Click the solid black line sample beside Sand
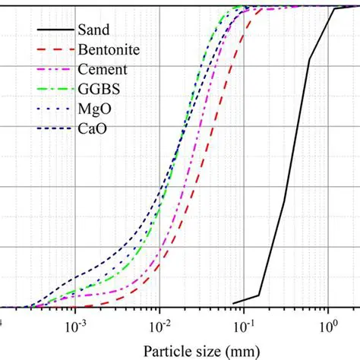click(x=54, y=31)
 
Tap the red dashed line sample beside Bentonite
click(x=54, y=51)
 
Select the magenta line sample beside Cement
click(x=54, y=71)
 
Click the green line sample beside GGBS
click(x=54, y=90)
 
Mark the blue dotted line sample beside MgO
click(x=54, y=110)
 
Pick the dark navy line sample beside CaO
click(x=54, y=130)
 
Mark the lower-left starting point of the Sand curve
click(x=234, y=303)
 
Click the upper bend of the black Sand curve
click(x=335, y=9)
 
